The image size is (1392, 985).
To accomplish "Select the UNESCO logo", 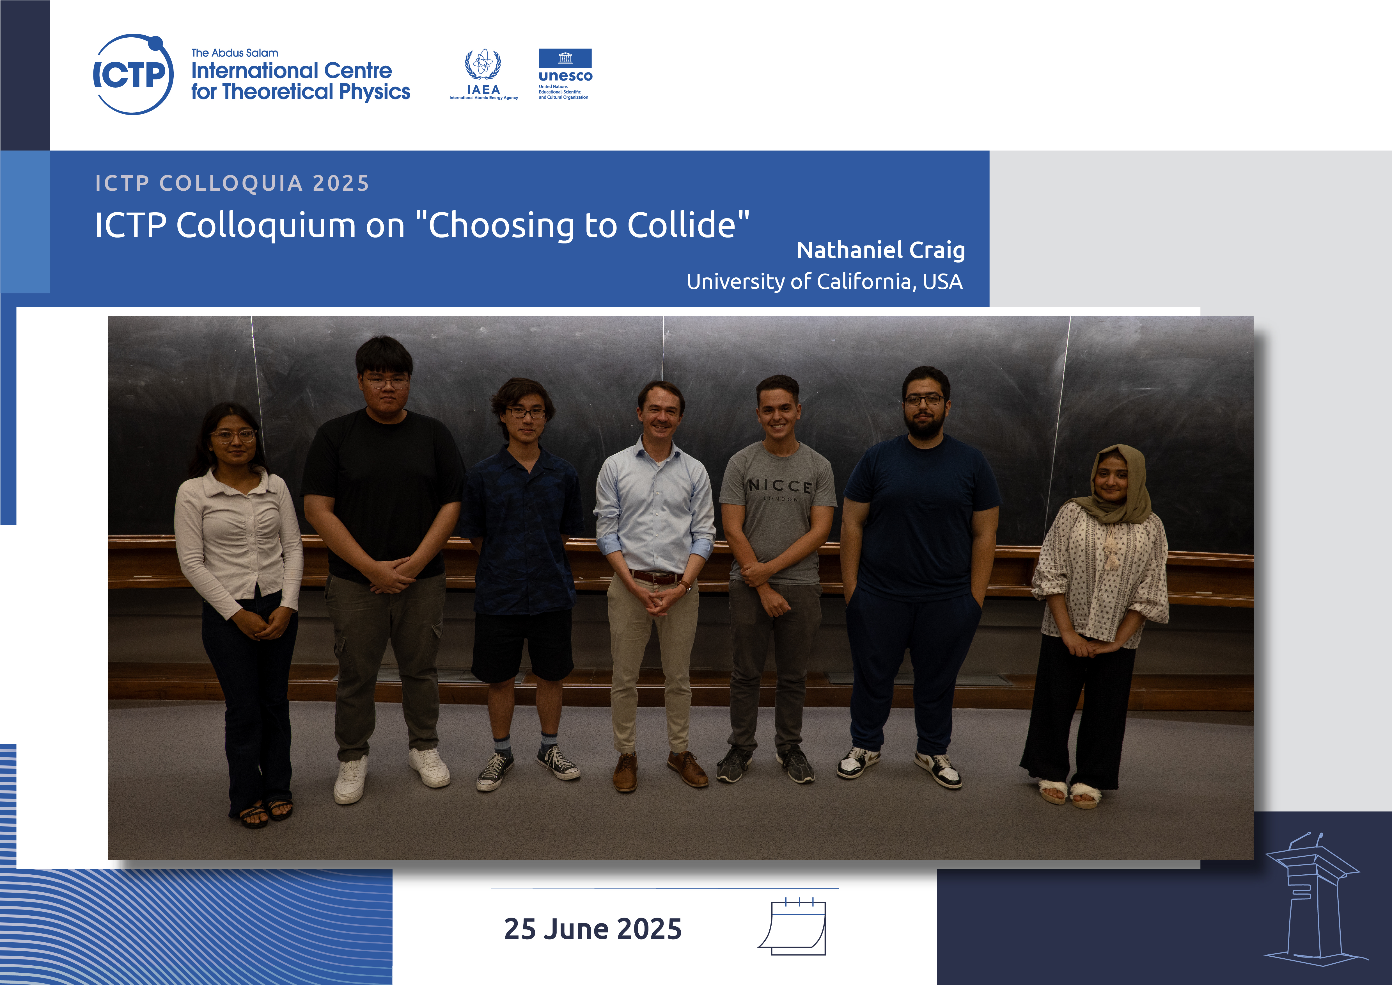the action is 565,74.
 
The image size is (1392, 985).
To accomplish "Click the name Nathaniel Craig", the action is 880,250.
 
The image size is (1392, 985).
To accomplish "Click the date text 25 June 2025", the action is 592,929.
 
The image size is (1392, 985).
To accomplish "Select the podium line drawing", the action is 1314,898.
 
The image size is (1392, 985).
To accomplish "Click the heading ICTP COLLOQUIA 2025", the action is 232,183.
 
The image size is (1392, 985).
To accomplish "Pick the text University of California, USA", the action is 825,281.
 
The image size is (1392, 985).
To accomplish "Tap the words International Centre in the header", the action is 292,71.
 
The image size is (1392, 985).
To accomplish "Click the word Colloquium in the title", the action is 266,226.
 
